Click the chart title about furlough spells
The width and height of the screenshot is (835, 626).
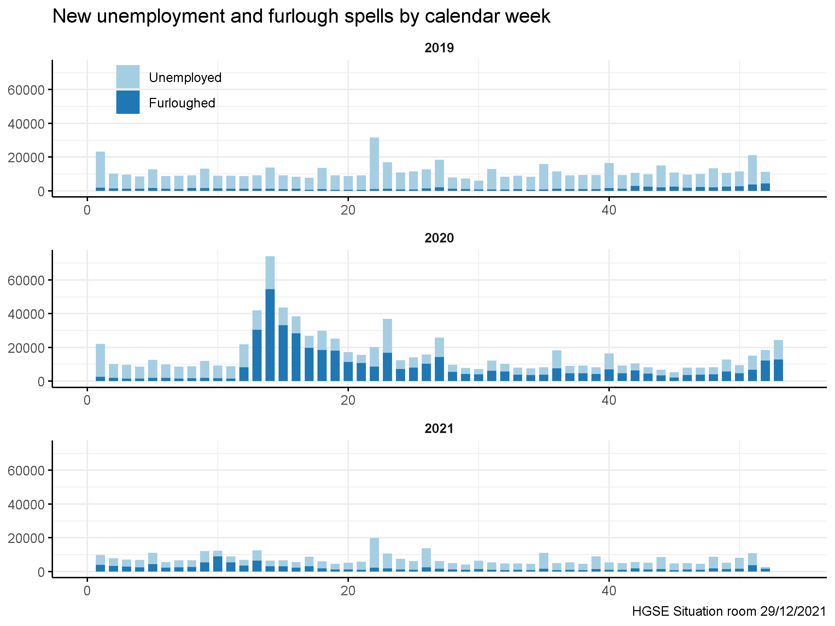[x=301, y=16]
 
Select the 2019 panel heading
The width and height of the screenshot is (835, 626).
[x=439, y=48]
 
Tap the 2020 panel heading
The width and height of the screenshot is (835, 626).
[x=439, y=238]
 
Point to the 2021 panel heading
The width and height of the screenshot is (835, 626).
[x=439, y=429]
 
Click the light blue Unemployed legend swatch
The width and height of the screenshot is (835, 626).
[x=128, y=77]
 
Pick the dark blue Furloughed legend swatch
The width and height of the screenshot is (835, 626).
[x=128, y=102]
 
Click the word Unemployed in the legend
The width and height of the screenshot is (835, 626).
[x=185, y=78]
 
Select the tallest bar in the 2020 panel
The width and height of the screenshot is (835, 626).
[x=270, y=319]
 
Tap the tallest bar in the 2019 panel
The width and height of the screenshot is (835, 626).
[x=374, y=164]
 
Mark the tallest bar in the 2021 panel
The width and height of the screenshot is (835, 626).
[x=374, y=555]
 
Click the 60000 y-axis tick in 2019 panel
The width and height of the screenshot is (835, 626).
[x=26, y=90]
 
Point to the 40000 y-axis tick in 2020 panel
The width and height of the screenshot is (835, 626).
[x=26, y=314]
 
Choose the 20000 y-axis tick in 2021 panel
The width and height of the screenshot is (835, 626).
[x=26, y=538]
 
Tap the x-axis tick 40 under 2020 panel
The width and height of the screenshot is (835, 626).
[x=608, y=400]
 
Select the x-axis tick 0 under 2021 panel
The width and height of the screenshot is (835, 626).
[x=87, y=591]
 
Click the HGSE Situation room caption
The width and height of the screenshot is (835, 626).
[x=729, y=611]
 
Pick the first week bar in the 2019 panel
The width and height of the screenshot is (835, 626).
[x=100, y=171]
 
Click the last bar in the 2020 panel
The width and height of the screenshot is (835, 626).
[x=778, y=361]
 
